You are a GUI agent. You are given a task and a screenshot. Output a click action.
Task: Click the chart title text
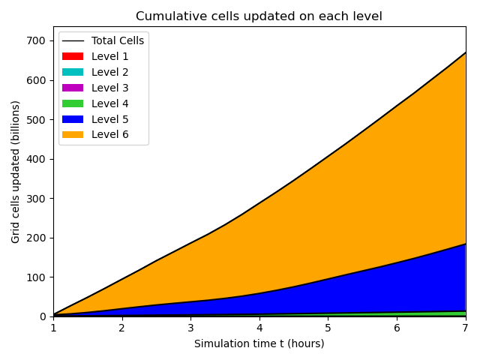click(x=259, y=16)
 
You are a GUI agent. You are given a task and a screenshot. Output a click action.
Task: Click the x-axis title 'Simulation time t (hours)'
click(x=259, y=343)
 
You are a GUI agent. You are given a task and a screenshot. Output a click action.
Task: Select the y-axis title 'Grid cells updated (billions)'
click(x=16, y=171)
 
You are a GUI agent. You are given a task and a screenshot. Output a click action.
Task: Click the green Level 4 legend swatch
click(x=73, y=103)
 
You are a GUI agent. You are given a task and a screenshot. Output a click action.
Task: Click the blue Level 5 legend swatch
click(x=73, y=119)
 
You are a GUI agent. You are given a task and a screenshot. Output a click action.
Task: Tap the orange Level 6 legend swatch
click(x=73, y=135)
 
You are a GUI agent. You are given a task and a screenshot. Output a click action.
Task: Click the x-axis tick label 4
click(x=259, y=328)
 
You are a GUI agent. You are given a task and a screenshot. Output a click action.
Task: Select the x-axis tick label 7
click(x=466, y=328)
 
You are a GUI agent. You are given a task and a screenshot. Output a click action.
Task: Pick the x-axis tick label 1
click(x=53, y=328)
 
